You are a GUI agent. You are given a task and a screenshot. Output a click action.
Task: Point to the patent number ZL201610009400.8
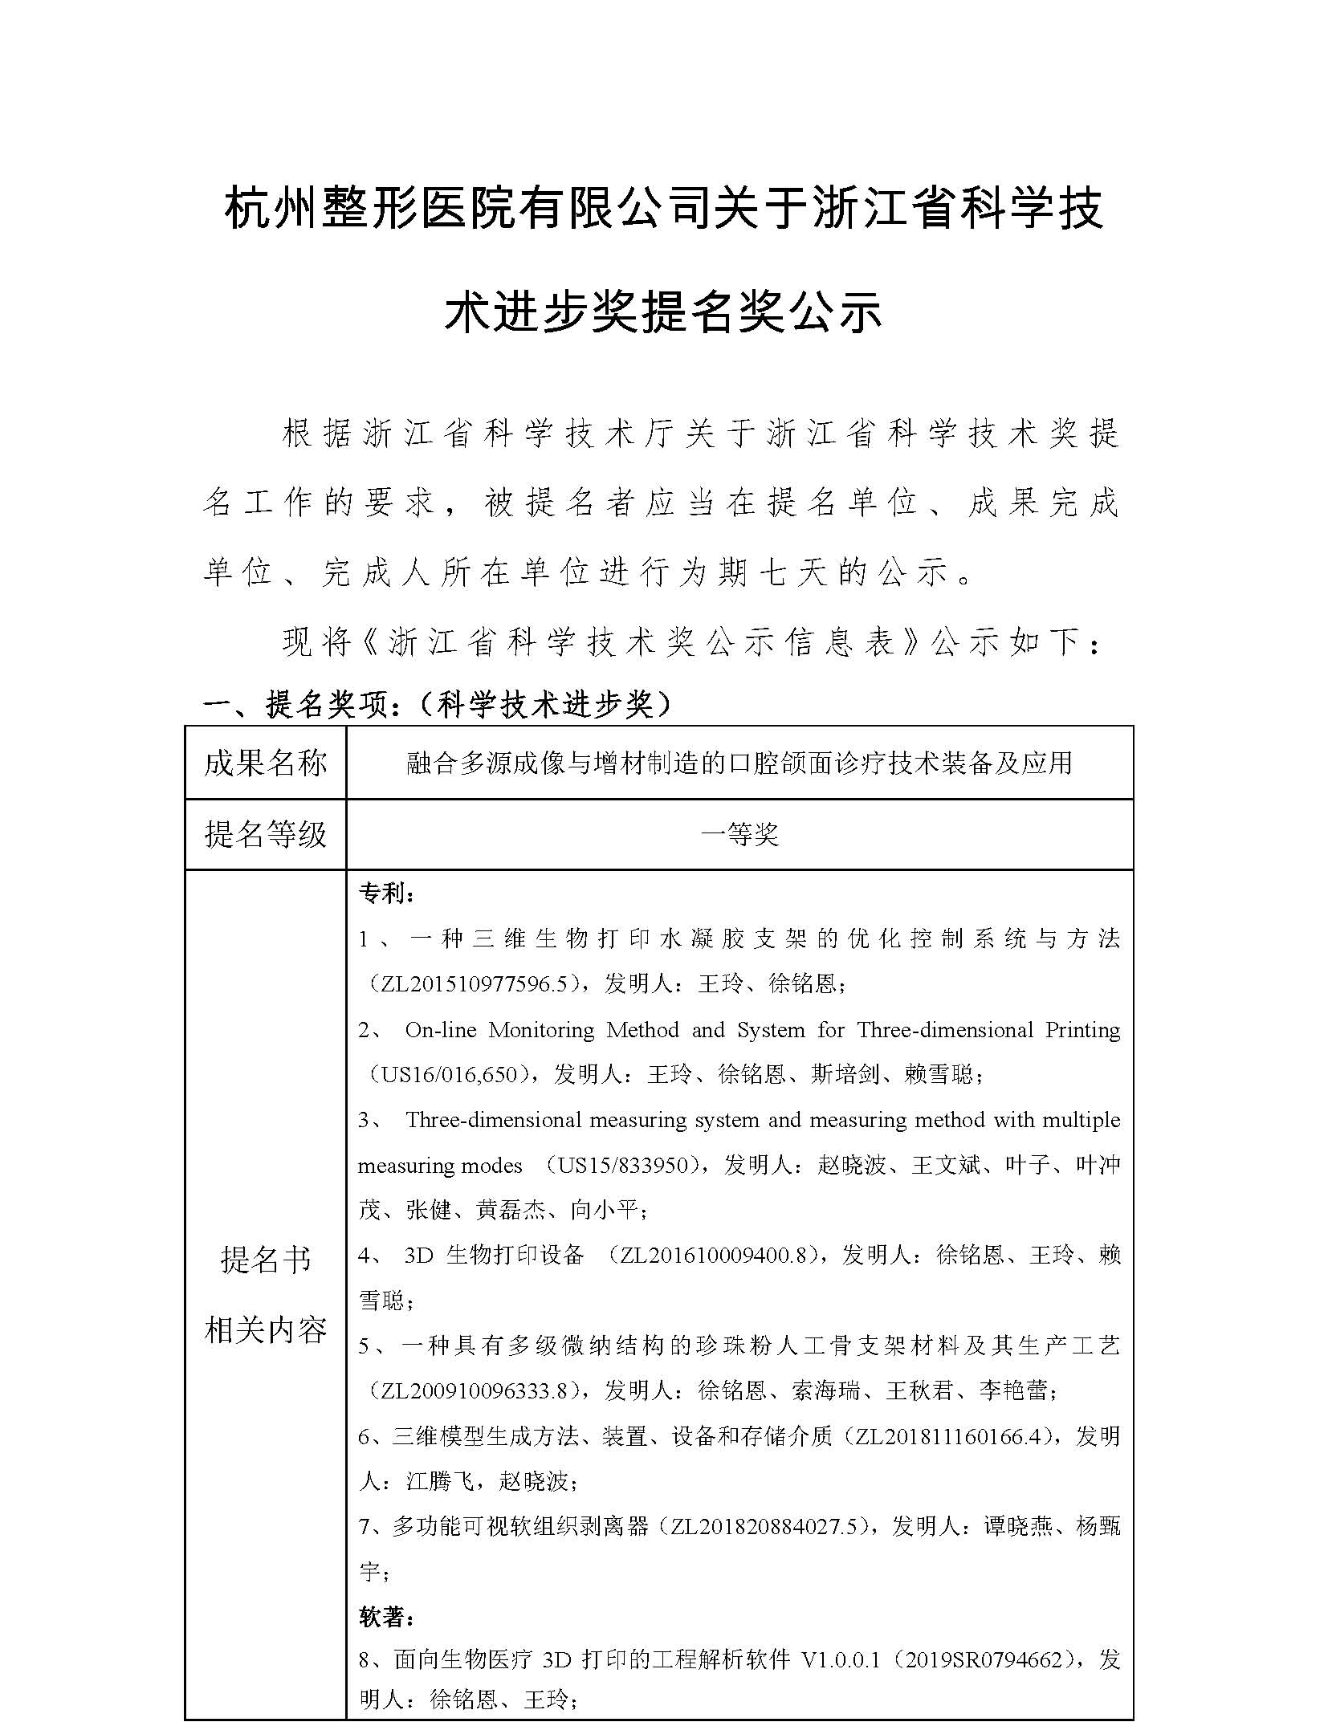[707, 1256]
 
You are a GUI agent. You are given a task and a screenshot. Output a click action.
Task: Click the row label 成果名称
[265, 763]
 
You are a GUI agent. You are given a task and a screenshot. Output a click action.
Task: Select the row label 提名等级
[265, 834]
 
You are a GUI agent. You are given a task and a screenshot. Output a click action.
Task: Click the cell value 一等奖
[739, 835]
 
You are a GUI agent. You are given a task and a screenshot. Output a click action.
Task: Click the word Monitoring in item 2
[541, 1030]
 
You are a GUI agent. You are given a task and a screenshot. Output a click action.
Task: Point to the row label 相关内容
[265, 1330]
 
